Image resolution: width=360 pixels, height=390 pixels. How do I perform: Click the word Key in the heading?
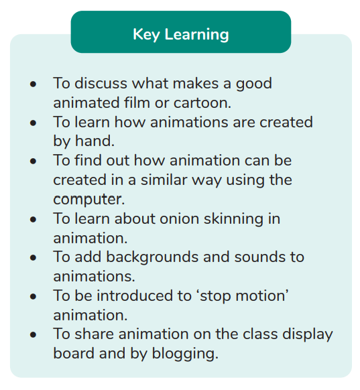[x=145, y=35]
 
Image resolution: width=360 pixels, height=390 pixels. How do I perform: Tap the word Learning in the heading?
[x=196, y=35]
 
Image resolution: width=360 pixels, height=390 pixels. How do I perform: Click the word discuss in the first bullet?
[x=101, y=83]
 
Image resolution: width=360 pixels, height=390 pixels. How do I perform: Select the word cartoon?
[x=202, y=103]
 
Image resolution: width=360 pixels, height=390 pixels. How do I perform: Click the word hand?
[x=95, y=141]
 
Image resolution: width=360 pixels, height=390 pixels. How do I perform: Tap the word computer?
[x=88, y=200]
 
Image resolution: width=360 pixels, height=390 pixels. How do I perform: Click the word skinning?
[x=233, y=219]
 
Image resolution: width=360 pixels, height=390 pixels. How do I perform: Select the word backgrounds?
[x=152, y=257]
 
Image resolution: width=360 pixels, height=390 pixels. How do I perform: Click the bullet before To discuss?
[x=33, y=84]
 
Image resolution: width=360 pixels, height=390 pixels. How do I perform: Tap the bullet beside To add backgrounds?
[x=33, y=258]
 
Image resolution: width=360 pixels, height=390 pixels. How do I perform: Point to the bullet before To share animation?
[x=33, y=335]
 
